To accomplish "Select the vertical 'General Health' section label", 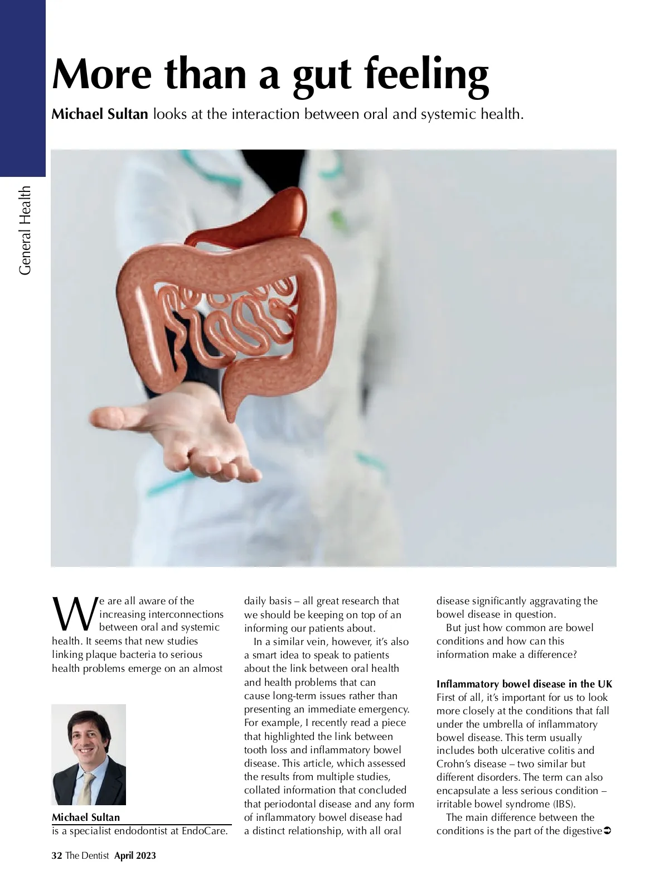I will tap(25, 230).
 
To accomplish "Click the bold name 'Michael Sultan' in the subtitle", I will tap(100, 114).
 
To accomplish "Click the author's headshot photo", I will tap(89, 754).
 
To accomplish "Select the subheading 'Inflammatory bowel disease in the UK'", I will tap(524, 684).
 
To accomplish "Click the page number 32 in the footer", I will tap(56, 855).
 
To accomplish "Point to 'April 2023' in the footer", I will tap(135, 855).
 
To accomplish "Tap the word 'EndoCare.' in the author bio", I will tap(205, 831).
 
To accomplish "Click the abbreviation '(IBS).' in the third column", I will tap(564, 804).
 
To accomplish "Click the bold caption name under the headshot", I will tap(86, 817).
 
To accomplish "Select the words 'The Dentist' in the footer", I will tap(87, 855).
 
